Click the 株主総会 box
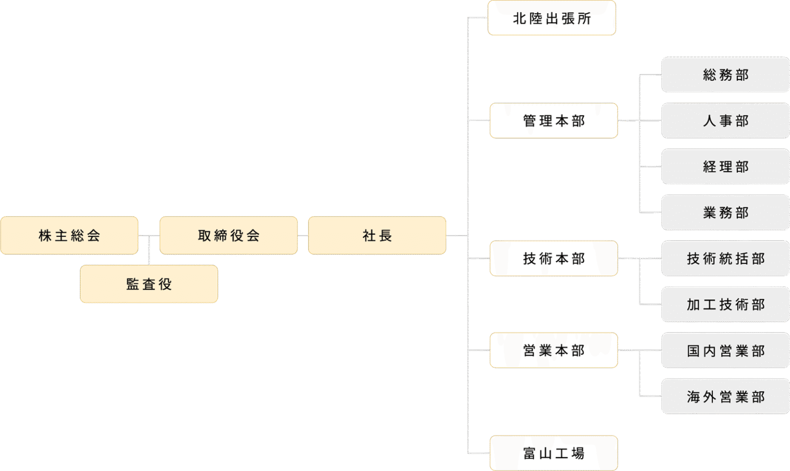pos(69,235)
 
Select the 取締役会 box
pos(228,235)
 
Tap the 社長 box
pos(377,235)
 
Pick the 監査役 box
pos(149,284)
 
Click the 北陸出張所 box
pos(552,18)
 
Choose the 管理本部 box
pos(553,120)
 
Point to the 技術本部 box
pos(553,258)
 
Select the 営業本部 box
pos(553,350)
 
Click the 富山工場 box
pos(553,453)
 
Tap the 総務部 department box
pos(725,75)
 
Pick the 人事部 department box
pos(725,120)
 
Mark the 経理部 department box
pos(725,166)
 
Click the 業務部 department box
pos(725,212)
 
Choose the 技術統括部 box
pos(725,258)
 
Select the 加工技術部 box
pos(725,304)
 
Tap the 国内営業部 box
pos(725,351)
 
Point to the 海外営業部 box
pos(725,396)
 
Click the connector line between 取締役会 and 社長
pos(303,235)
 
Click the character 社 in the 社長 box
pos(369,235)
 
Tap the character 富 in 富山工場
pos(529,453)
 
